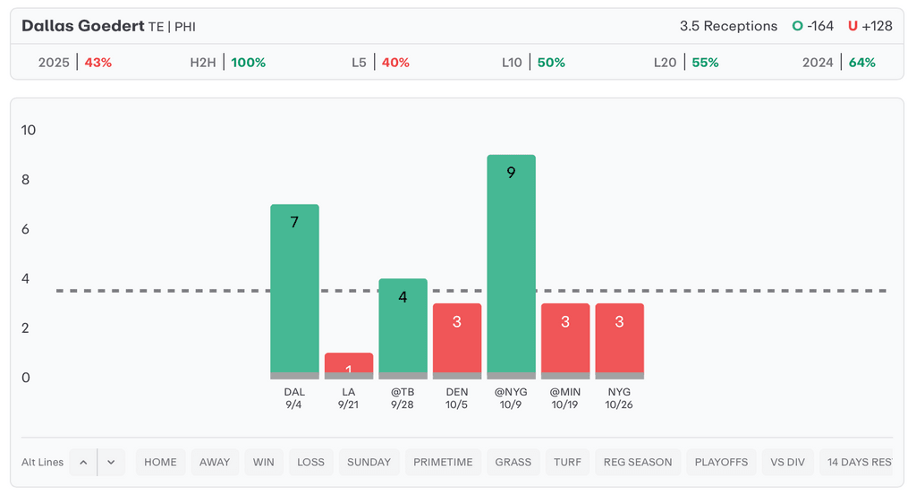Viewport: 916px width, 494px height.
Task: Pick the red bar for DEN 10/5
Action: click(x=457, y=340)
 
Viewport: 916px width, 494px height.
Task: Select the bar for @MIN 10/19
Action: click(x=565, y=340)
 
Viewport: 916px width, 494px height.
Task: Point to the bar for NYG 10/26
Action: click(x=619, y=340)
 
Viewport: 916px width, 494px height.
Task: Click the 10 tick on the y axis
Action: click(x=29, y=131)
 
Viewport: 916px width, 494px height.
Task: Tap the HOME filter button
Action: click(x=160, y=463)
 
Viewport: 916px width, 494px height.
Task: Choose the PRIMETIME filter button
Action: click(x=443, y=463)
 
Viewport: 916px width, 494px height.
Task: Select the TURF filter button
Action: click(x=567, y=463)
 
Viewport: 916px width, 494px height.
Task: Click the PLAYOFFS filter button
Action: click(x=721, y=463)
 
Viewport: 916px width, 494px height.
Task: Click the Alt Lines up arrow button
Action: click(x=83, y=463)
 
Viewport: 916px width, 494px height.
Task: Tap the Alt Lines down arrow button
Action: click(x=111, y=463)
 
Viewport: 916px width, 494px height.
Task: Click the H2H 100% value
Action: click(x=248, y=63)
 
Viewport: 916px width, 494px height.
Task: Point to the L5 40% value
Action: click(x=394, y=63)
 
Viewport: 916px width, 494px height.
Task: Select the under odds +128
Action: click(x=877, y=26)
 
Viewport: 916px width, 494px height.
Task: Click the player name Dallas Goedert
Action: click(x=82, y=26)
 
